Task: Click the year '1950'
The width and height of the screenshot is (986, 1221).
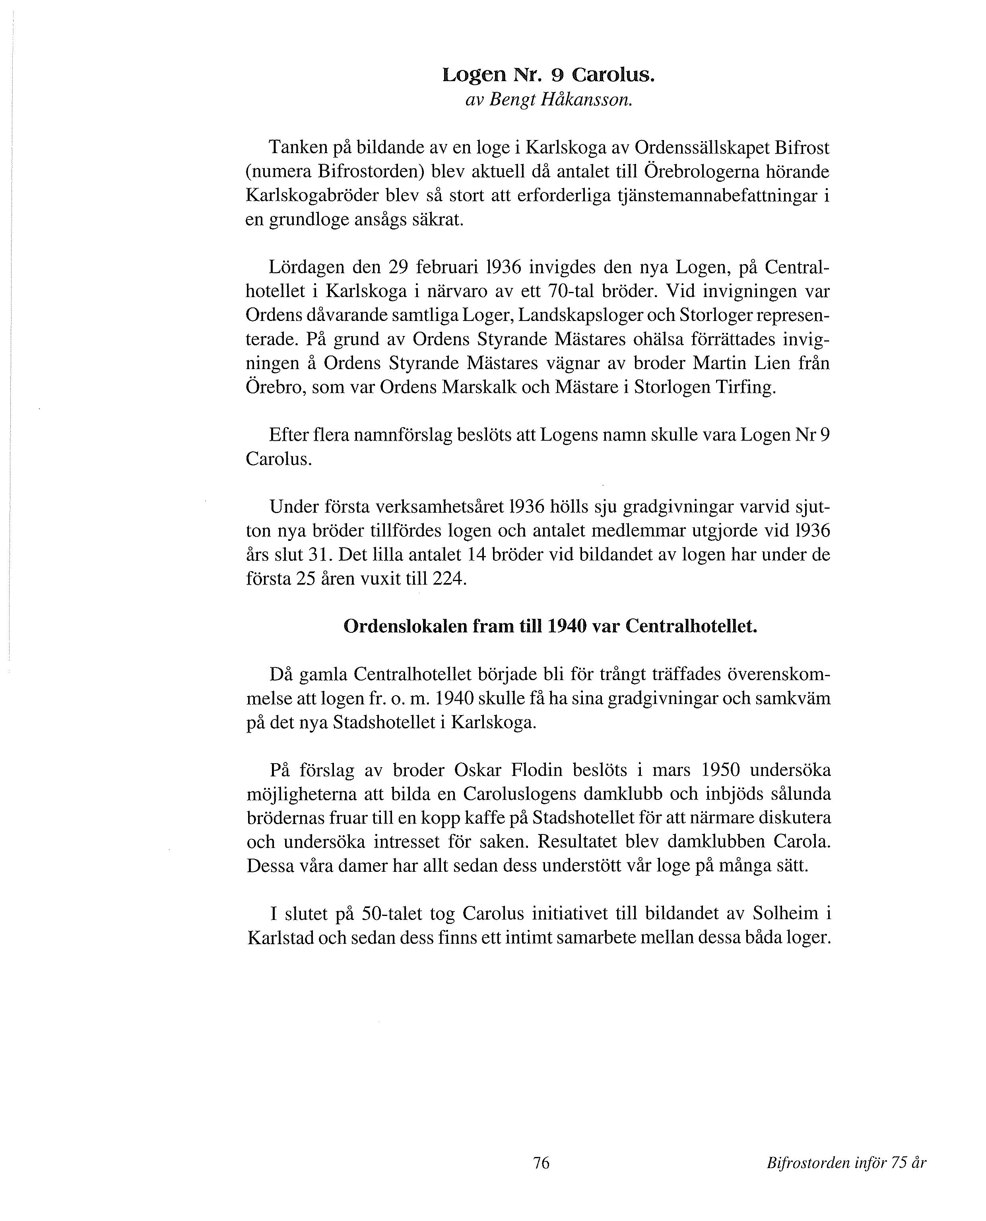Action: pyautogui.click(x=720, y=770)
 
